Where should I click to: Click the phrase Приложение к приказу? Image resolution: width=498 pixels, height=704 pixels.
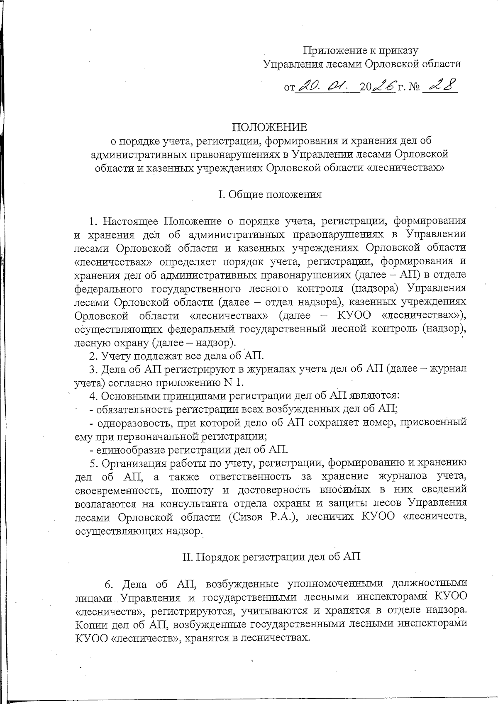[x=361, y=51]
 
